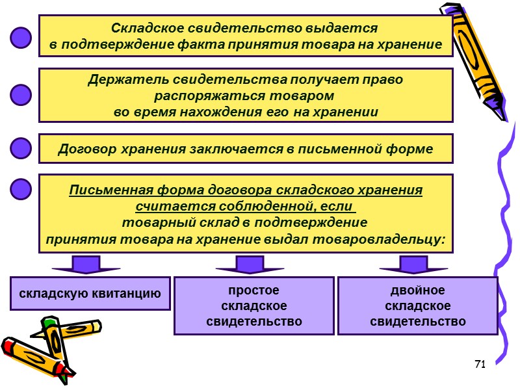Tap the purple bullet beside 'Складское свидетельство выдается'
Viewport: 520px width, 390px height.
click(21, 37)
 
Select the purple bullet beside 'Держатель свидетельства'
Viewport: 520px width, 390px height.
click(21, 95)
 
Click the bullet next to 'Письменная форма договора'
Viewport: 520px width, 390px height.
click(21, 188)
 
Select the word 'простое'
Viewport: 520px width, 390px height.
click(253, 290)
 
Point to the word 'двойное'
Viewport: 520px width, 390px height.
click(418, 290)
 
